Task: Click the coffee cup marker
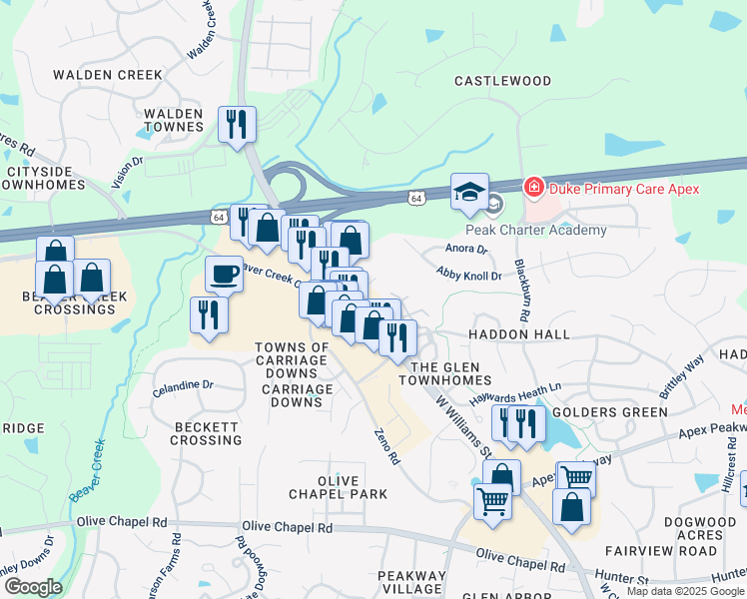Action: click(224, 273)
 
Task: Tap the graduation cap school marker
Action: click(469, 193)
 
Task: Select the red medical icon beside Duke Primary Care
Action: click(534, 188)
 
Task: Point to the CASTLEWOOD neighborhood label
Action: click(502, 80)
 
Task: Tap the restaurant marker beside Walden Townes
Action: click(237, 125)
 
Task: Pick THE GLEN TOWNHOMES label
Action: click(445, 373)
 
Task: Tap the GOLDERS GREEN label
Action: click(609, 412)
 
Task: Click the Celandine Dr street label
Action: click(183, 385)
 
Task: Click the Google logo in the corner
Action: click(32, 586)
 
